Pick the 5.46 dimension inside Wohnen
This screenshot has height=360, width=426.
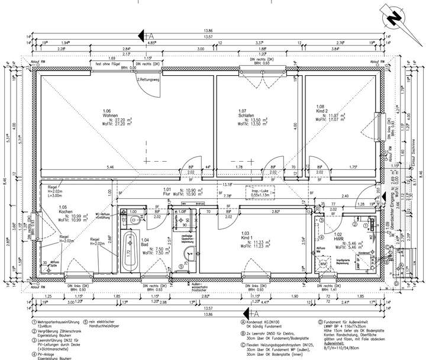(x=110, y=168)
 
